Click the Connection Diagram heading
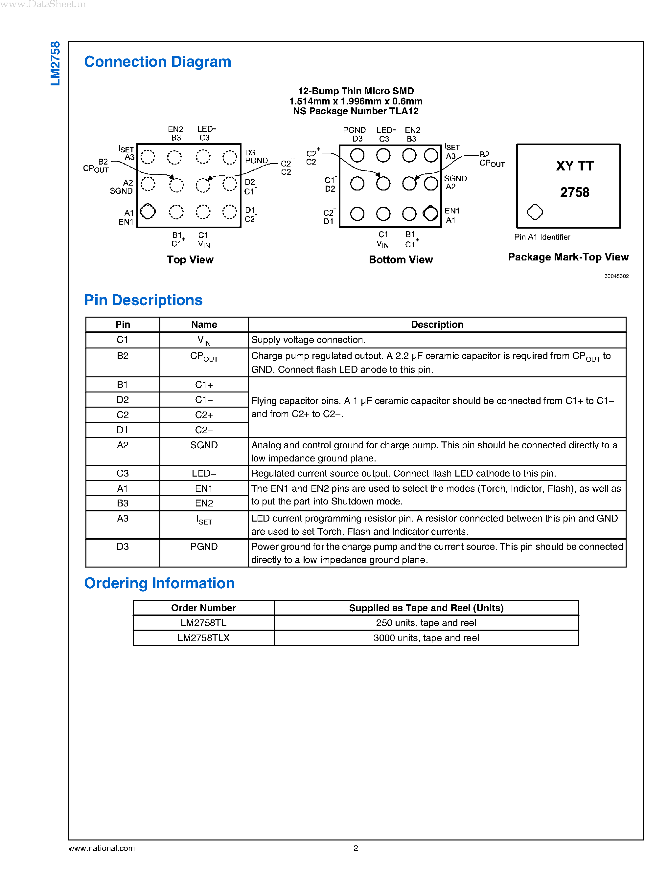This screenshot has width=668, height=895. [157, 62]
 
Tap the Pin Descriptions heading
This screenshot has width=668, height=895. [143, 300]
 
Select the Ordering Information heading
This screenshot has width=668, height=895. [159, 583]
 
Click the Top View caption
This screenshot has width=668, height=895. [190, 259]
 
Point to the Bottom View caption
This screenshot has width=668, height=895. [401, 259]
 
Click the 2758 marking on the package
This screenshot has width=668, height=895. [575, 192]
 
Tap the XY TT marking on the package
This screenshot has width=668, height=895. [575, 166]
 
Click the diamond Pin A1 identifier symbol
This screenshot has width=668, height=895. [535, 212]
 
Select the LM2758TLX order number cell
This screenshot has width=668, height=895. [203, 638]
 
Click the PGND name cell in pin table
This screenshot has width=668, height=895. [204, 547]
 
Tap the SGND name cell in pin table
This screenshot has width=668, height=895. [204, 445]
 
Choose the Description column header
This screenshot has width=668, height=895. [437, 324]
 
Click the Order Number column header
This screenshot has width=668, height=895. [203, 608]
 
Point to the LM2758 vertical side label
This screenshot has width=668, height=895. [56, 63]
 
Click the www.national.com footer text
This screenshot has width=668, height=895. [102, 848]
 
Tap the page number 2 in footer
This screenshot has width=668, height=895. [356, 848]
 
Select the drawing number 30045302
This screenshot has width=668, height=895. [616, 276]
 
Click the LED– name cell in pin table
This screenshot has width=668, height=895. [204, 473]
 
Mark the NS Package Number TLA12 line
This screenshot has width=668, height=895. [356, 111]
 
